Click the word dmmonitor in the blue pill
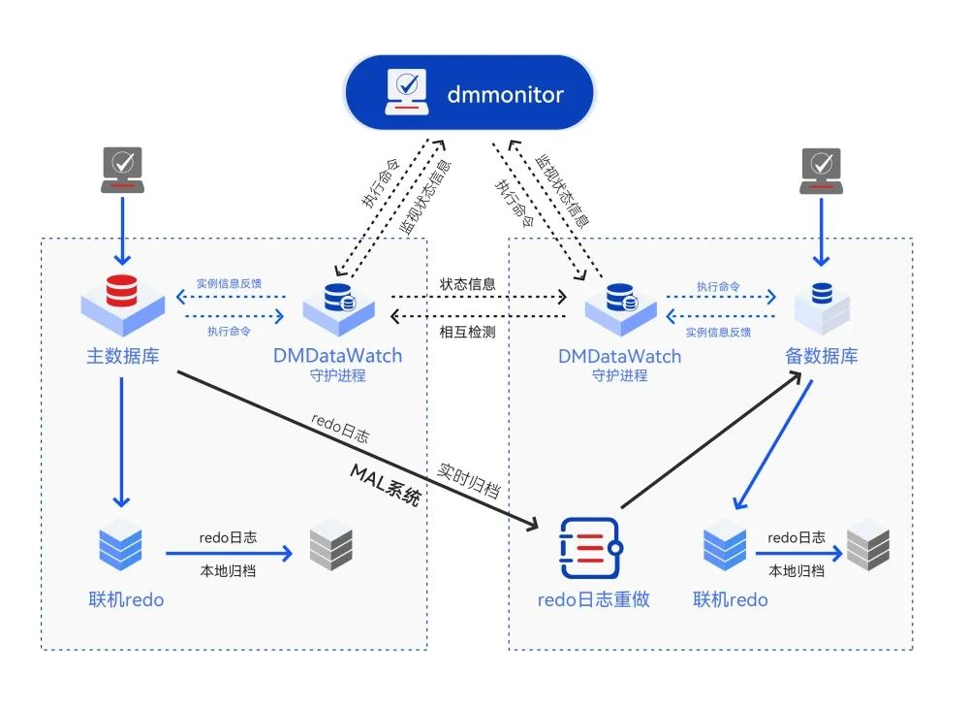pos(505,94)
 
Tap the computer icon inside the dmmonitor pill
pos(407,92)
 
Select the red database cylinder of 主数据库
pos(122,291)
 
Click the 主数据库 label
pos(123,356)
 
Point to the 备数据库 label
pos(821,356)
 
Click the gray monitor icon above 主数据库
pos(123,170)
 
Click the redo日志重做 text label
pos(593,599)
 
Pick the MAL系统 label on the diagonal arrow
pos(387,485)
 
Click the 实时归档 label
pos(469,479)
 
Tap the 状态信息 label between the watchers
pos(467,284)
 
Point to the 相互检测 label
pos(467,332)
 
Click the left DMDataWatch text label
pos(338,356)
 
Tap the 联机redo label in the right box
pos(731,599)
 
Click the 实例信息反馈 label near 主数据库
pos(229,283)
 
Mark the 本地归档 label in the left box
pos(228,570)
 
